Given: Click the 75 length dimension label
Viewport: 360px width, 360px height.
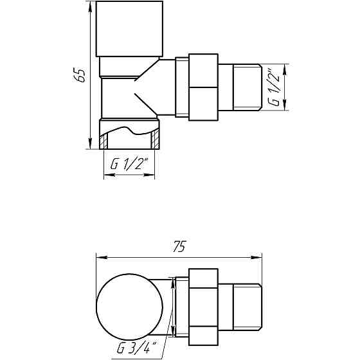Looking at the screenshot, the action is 179,246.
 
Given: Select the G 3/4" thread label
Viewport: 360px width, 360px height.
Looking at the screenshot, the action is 138,347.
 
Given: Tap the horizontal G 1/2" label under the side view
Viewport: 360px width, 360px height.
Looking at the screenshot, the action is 130,163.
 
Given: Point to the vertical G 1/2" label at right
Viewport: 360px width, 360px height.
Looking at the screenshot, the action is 274,87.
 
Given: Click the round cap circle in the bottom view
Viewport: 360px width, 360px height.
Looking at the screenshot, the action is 130,307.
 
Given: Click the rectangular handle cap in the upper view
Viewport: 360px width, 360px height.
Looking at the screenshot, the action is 129,29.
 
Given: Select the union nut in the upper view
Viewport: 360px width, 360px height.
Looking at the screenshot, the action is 203,87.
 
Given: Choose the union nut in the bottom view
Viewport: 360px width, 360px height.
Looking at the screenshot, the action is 203,307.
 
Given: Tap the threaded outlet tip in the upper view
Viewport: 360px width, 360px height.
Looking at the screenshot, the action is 248,87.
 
